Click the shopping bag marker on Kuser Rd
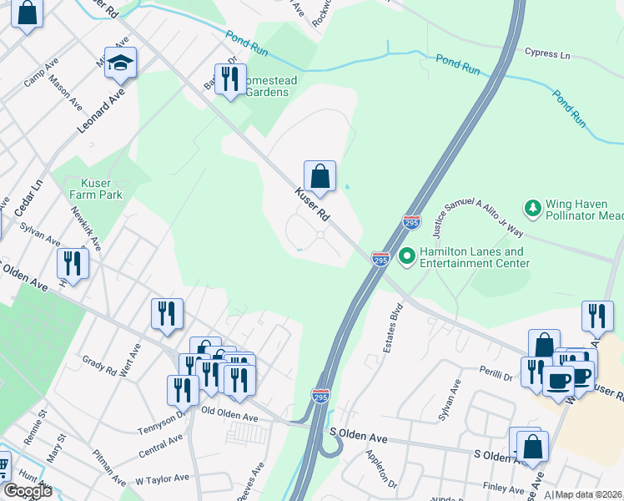point(320,176)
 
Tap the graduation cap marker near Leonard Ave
point(121,63)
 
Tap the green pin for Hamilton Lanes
point(407,256)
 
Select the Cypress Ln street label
point(547,53)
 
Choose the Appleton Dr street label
point(381,470)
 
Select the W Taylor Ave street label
point(162,479)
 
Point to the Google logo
point(28,490)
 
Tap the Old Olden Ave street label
point(230,414)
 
